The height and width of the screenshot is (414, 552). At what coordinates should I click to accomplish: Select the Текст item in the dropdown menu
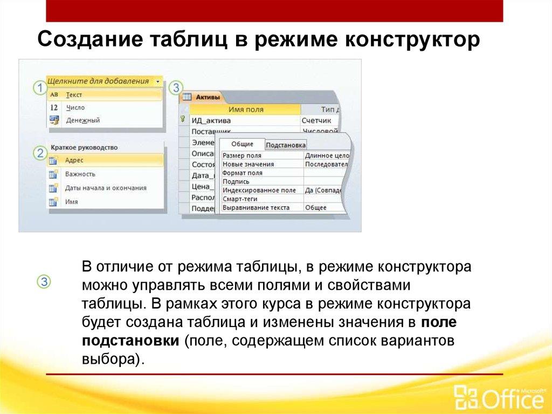click(74, 94)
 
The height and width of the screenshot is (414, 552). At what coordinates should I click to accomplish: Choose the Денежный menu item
click(82, 120)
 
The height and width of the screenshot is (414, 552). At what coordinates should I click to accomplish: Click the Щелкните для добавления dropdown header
click(98, 82)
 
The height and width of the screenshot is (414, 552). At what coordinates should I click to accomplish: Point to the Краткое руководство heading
click(84, 147)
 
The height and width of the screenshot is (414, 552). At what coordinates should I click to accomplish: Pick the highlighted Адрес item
click(74, 160)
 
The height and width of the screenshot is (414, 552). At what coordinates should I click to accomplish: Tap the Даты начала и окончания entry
click(105, 188)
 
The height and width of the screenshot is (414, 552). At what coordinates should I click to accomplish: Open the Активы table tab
click(207, 97)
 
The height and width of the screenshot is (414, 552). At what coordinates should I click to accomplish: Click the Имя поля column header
click(246, 109)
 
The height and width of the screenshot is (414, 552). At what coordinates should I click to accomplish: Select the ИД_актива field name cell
click(211, 120)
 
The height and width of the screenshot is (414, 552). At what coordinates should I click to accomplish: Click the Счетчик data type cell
click(316, 120)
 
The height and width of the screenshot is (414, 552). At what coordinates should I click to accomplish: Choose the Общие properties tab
click(242, 144)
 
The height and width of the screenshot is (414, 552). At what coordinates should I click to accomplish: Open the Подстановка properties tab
click(286, 145)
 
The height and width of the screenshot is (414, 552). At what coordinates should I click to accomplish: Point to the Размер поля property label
click(241, 155)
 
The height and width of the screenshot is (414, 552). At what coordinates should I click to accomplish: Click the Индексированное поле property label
click(259, 190)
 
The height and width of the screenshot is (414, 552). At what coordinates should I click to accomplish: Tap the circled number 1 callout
click(39, 87)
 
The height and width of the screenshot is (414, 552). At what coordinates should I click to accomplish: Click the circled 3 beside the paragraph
click(44, 281)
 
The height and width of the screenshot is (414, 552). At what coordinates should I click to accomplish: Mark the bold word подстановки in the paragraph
click(130, 342)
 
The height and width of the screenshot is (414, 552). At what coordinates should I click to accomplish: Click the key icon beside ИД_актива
click(184, 120)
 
